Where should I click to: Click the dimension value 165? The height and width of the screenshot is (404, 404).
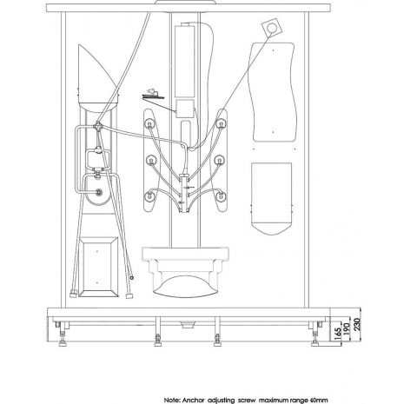[x=337, y=334]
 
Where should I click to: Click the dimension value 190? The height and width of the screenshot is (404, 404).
[x=347, y=329]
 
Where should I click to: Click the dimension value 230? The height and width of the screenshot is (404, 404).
[x=356, y=324]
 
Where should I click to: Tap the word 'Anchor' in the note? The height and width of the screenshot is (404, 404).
[x=194, y=401]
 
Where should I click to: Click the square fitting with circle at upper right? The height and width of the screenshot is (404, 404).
[x=271, y=27]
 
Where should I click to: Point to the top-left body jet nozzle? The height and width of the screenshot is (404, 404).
[x=150, y=123]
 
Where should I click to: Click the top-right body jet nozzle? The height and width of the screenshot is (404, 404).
[x=221, y=123]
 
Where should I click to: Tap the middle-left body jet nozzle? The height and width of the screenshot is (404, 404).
[x=151, y=160]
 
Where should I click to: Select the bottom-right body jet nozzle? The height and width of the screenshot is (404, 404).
[x=221, y=195]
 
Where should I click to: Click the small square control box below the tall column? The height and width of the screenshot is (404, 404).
[x=185, y=109]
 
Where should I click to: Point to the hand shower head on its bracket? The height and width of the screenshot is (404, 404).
[x=153, y=95]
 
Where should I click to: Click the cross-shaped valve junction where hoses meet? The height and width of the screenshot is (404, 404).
[x=98, y=126]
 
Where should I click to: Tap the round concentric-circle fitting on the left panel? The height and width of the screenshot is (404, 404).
[x=99, y=191]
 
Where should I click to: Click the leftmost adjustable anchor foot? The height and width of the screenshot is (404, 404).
[x=63, y=337]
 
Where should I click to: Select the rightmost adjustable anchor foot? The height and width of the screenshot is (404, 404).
[x=315, y=337]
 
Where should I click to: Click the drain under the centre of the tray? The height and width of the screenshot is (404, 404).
[x=187, y=325]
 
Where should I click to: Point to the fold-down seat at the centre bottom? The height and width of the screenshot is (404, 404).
[x=185, y=272]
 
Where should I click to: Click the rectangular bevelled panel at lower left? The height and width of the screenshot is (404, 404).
[x=98, y=267]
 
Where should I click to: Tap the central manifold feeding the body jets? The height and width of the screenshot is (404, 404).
[x=184, y=193]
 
